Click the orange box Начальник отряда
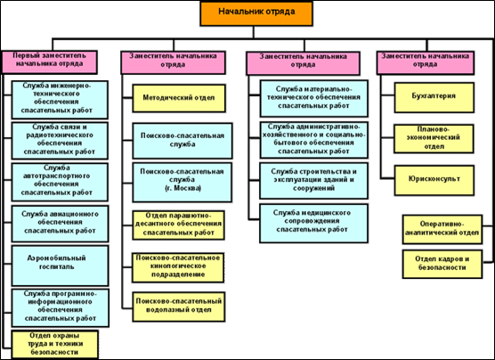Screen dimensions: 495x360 pos(256,13)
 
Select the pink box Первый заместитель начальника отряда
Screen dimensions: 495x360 pos(50,62)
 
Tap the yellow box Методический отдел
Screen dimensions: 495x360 pos(179,98)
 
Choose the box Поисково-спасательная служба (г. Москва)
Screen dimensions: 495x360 pos(183,183)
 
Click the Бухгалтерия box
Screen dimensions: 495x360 pos(434,98)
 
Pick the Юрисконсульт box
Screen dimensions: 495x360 pos(434,180)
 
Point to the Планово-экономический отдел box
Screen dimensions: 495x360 pos(434,139)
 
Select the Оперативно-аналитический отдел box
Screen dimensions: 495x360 pos(442,230)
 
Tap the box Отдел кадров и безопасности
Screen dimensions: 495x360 pos(442,265)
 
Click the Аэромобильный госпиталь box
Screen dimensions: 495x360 pos(60,266)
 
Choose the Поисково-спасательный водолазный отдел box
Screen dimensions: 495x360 pos(179,307)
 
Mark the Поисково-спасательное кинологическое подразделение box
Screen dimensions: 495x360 pos(178,267)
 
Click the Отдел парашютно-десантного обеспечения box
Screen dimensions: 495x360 pos(178,225)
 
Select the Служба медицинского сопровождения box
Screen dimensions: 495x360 pos(313,224)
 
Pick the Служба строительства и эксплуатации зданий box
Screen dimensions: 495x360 pos(313,181)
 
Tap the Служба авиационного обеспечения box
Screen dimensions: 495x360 pos(60,224)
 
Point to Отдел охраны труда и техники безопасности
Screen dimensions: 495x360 pos(54,345)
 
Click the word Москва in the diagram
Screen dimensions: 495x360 pos(186,189)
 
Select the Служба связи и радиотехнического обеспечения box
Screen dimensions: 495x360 pos(60,141)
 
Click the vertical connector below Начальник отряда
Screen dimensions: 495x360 pos(253,32)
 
